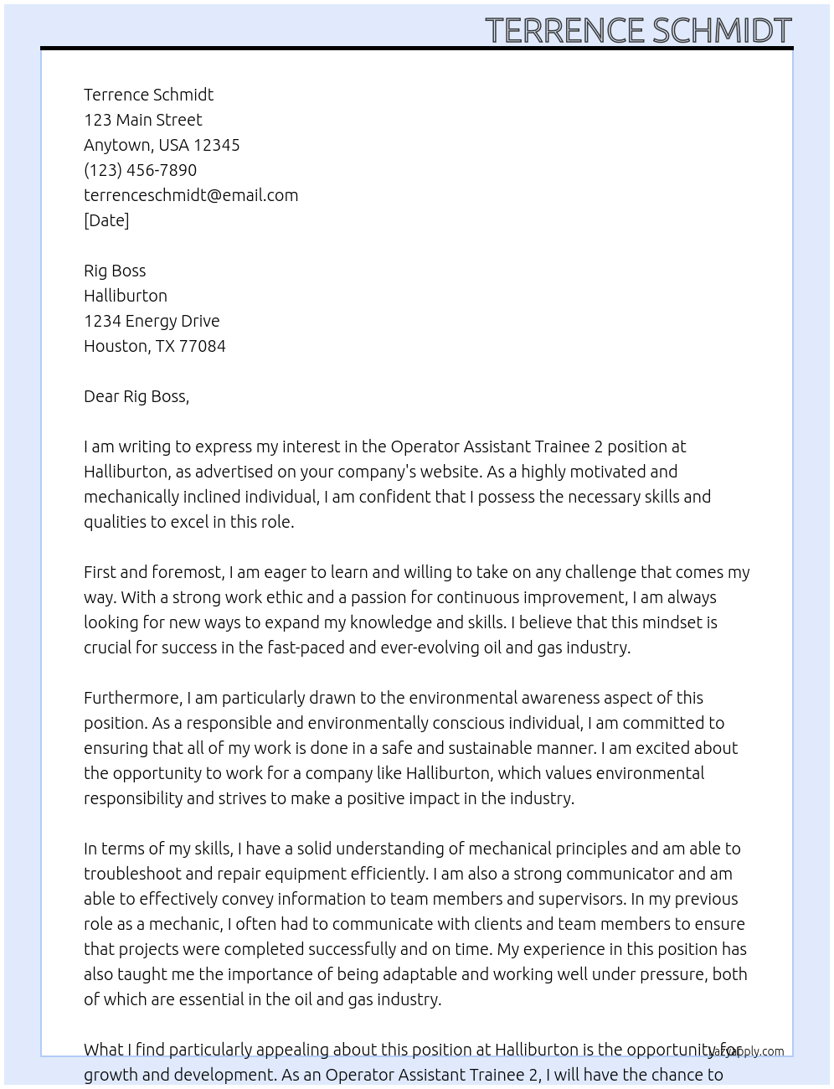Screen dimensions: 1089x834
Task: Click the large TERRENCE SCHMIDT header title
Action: click(638, 30)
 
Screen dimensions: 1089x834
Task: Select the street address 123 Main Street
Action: click(142, 120)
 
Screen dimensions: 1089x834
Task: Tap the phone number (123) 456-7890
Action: click(140, 170)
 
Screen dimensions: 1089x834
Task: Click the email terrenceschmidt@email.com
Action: click(191, 195)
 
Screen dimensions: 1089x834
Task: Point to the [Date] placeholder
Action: click(106, 220)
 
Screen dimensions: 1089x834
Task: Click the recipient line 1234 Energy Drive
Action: click(152, 321)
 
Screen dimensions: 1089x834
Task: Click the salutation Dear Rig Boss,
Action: click(136, 396)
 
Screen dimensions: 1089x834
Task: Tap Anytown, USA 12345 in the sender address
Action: click(162, 145)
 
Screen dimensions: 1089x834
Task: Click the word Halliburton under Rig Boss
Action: click(126, 296)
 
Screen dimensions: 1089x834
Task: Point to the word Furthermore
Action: click(132, 698)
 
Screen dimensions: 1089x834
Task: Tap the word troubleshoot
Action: click(132, 874)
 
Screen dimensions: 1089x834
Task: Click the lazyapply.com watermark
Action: click(747, 1051)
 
